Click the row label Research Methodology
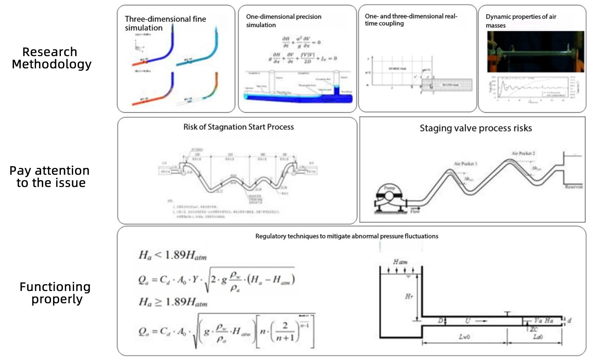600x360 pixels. click(x=51, y=58)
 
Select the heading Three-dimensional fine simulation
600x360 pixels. click(x=165, y=23)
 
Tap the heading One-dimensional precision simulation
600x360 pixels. click(x=283, y=21)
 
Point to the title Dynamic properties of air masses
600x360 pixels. click(x=520, y=21)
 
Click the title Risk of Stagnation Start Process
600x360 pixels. click(x=238, y=127)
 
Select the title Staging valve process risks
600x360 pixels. click(x=476, y=128)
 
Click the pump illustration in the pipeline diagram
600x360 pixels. click(x=389, y=198)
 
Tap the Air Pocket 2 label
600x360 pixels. click(x=523, y=153)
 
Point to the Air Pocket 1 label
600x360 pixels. click(x=465, y=164)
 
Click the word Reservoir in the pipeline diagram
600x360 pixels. click(x=574, y=187)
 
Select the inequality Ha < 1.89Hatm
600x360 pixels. click(x=172, y=255)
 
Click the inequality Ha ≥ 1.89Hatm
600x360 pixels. click(x=173, y=302)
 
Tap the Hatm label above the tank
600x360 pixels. click(x=400, y=262)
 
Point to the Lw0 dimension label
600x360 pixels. click(x=464, y=337)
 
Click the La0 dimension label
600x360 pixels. click(x=537, y=337)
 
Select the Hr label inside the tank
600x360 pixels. click(x=409, y=296)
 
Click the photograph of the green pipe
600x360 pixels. click(x=535, y=52)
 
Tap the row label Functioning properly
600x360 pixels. click(x=55, y=293)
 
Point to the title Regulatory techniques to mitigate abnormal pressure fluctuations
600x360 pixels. click(x=347, y=236)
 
